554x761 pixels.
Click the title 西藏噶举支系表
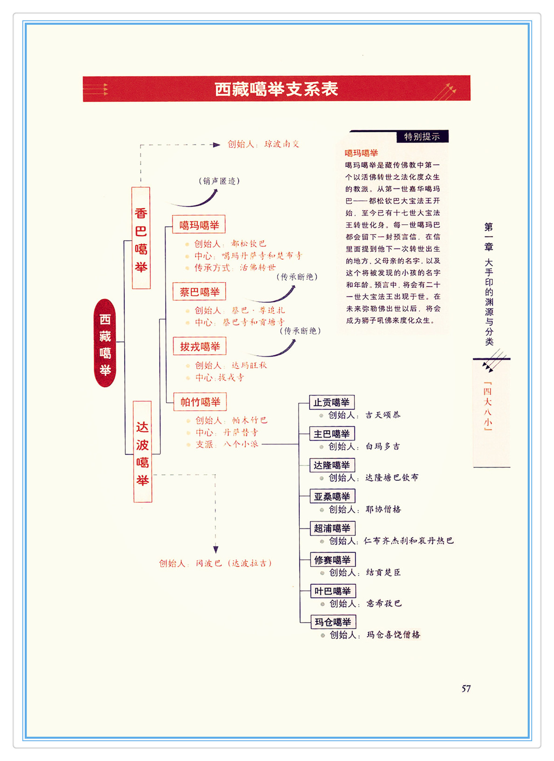point(276,89)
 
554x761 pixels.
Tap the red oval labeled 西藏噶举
point(105,343)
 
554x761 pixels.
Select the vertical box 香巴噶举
point(141,238)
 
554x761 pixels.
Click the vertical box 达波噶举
point(143,451)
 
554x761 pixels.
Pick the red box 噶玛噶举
point(199,225)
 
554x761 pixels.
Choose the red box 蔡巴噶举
point(199,292)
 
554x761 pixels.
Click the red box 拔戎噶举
point(200,346)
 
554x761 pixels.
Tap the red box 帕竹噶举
point(200,401)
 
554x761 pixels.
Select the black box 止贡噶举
point(332,402)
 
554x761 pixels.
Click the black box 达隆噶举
point(332,465)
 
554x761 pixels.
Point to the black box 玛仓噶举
point(332,622)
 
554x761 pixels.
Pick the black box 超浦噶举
point(332,528)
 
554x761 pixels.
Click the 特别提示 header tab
point(422,137)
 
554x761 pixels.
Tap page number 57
point(466,689)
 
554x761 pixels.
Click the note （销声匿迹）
point(219,181)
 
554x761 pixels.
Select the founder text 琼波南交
point(282,144)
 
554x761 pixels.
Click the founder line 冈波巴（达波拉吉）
point(215,563)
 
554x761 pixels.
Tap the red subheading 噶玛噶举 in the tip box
point(361,153)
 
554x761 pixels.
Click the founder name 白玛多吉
point(382,446)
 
